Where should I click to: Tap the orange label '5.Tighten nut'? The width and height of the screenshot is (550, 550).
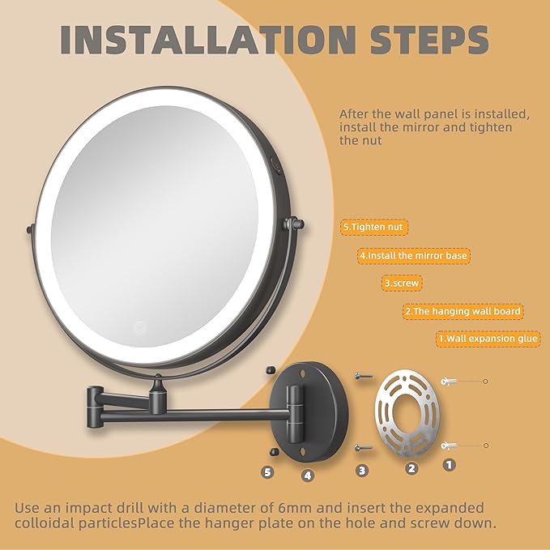click(373, 228)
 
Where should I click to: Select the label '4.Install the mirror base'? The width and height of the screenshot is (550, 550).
click(414, 255)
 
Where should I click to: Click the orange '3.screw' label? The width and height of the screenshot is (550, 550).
click(403, 284)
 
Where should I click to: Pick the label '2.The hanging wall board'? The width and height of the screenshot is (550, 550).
click(463, 311)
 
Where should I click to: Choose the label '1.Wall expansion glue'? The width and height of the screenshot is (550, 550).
click(488, 339)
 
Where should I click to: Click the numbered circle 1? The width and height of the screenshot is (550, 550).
click(448, 465)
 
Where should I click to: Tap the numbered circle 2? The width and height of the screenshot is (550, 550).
click(411, 467)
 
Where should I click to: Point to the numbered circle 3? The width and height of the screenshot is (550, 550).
click(362, 470)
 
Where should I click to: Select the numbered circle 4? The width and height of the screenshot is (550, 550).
click(307, 475)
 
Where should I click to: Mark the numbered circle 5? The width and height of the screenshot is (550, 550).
click(268, 471)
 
